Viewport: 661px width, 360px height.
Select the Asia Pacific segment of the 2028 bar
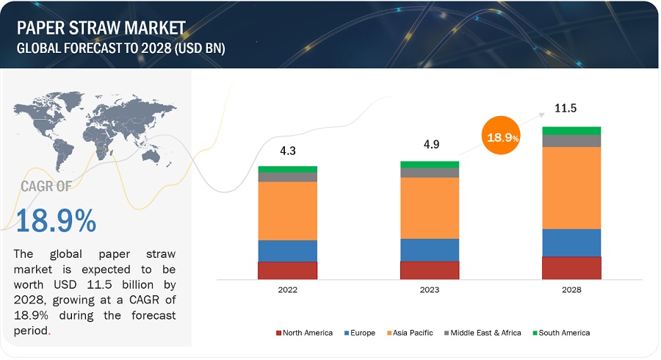[571, 187]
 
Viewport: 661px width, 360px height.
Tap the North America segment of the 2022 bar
[287, 270]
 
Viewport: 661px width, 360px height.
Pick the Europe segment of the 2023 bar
[430, 250]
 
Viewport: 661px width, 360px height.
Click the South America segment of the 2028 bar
[571, 130]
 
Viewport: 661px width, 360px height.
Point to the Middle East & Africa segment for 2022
[287, 176]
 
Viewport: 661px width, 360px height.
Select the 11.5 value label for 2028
[565, 108]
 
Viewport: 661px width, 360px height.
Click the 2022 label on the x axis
[287, 290]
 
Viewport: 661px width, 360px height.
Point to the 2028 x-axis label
[571, 290]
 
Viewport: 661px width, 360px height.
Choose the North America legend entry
[304, 333]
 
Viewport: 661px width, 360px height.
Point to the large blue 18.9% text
[56, 221]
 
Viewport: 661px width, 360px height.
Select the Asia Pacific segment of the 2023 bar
[430, 208]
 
